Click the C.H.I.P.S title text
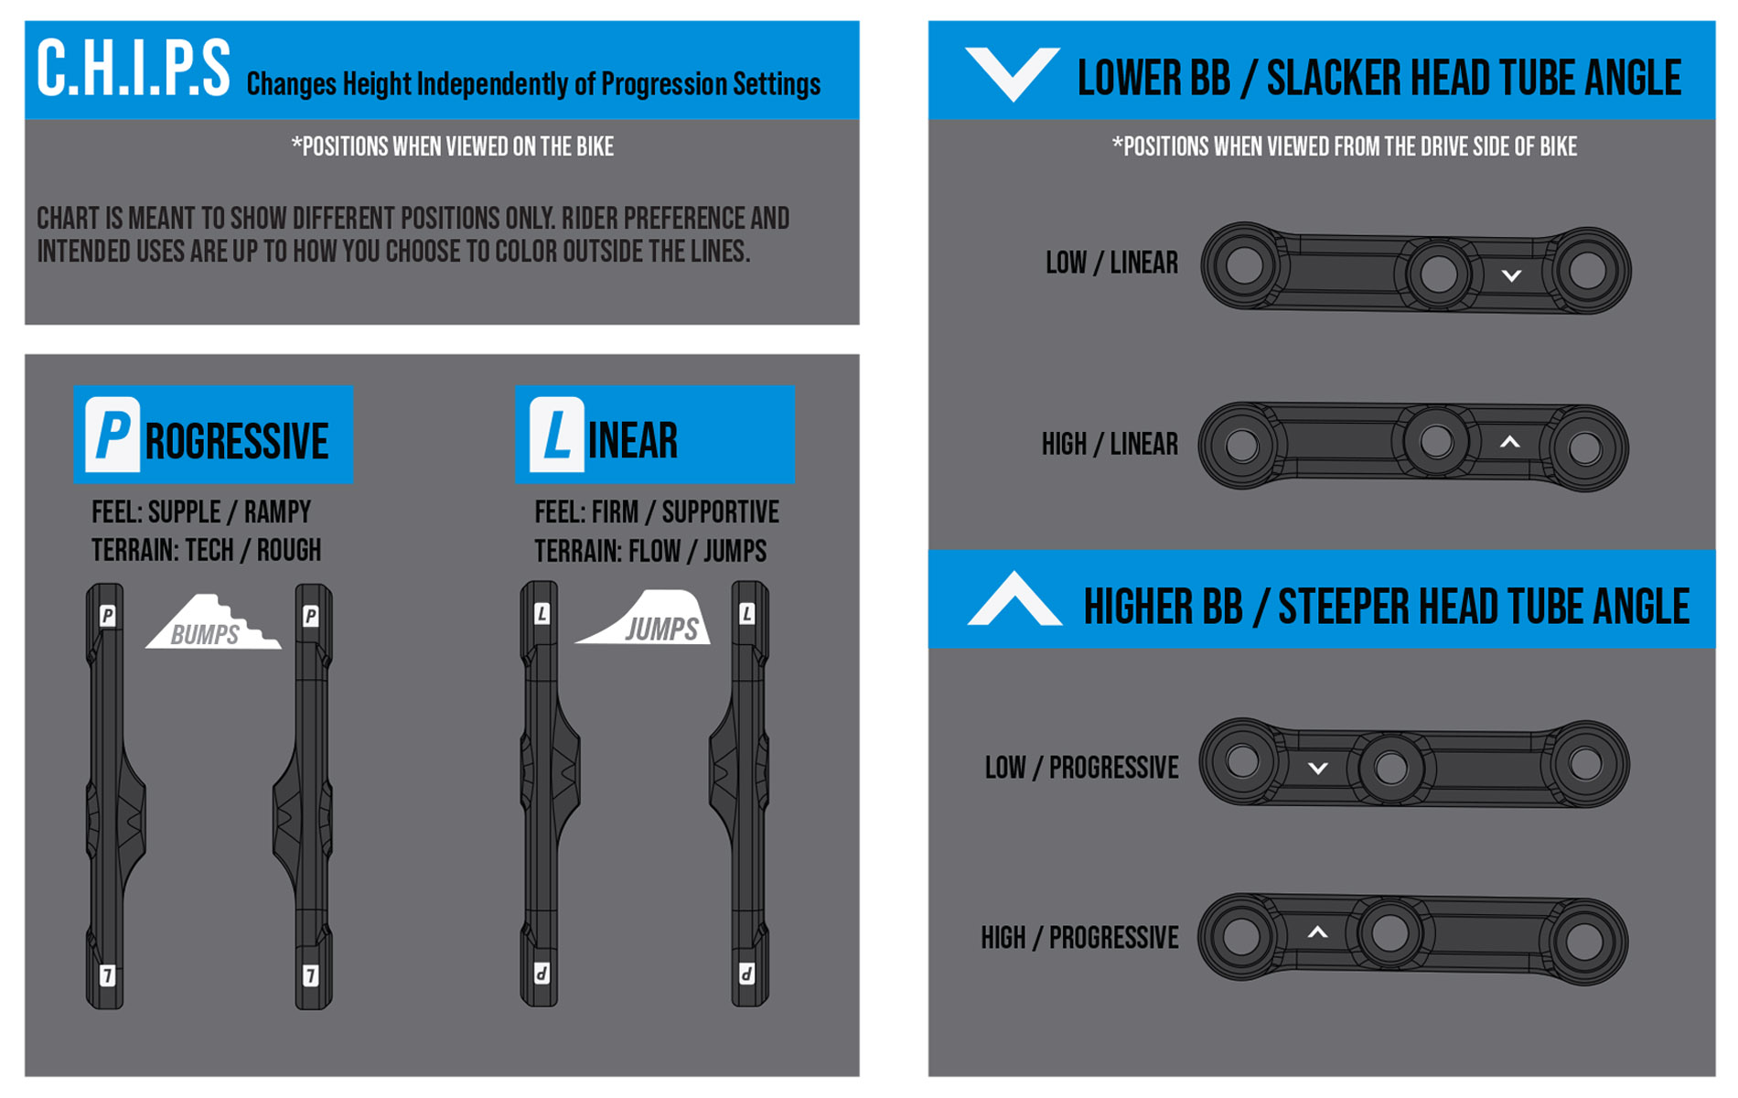(134, 69)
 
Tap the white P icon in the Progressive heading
(112, 435)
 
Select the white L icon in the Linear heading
(556, 435)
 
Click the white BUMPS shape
(213, 622)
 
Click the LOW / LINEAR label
(1111, 264)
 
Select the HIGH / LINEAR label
(1110, 445)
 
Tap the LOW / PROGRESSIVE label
(1081, 768)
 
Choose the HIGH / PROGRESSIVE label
(1079, 938)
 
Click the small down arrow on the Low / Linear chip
(1511, 275)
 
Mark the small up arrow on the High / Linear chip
(1510, 442)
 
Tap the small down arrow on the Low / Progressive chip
(1317, 769)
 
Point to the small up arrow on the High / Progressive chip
(1317, 932)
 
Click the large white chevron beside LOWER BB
(1013, 73)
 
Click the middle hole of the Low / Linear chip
(1438, 274)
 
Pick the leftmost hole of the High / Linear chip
(1242, 447)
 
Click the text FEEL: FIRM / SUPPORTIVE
(657, 512)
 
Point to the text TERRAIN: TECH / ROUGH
(206, 551)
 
